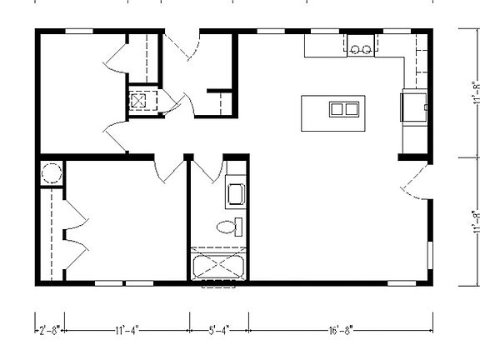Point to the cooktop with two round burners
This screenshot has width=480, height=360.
click(361, 48)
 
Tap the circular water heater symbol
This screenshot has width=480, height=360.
click(50, 173)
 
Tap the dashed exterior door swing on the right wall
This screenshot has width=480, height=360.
click(413, 178)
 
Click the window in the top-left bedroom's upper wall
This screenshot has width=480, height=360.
click(78, 32)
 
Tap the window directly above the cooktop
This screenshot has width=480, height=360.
click(360, 32)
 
